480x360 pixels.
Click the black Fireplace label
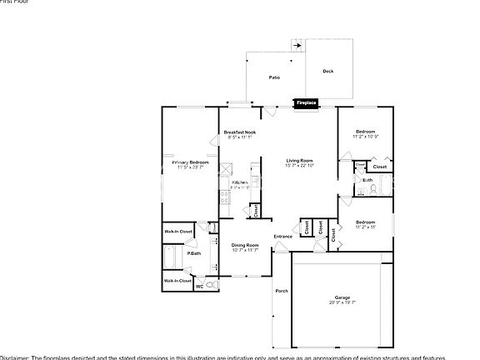306,103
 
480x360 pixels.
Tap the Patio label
273,77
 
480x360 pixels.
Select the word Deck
328,72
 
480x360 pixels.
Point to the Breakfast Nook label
240,132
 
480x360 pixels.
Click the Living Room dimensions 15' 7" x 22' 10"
299,166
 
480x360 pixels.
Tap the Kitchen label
239,182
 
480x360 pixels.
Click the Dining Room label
245,245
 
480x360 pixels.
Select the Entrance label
283,237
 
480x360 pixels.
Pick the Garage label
342,297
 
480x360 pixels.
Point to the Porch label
281,291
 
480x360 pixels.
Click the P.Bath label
193,253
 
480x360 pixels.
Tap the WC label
199,287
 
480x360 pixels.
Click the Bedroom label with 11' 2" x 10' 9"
366,132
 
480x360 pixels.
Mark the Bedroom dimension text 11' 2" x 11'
366,227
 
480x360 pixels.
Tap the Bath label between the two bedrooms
367,180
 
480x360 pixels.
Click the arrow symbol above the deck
296,46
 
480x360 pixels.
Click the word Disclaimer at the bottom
15,357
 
